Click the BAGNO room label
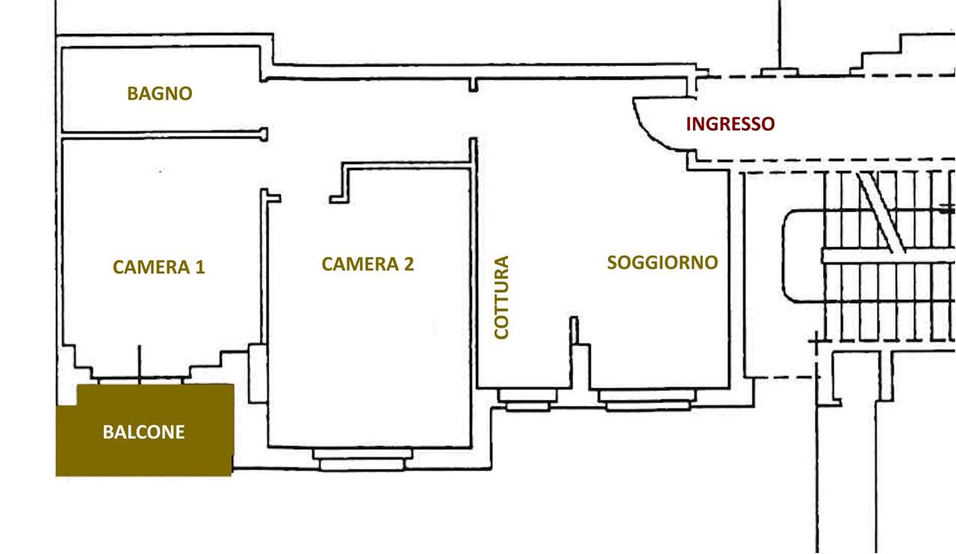click(x=159, y=93)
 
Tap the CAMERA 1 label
click(x=158, y=267)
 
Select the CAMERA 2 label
click(x=367, y=264)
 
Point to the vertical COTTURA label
click(x=502, y=297)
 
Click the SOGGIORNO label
click(x=662, y=262)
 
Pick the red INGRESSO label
click(x=730, y=124)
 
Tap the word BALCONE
click(x=143, y=432)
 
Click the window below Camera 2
click(x=362, y=458)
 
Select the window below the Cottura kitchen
click(x=527, y=400)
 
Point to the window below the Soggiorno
click(x=647, y=400)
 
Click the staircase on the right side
click(x=881, y=254)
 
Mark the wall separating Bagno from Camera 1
click(x=161, y=135)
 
